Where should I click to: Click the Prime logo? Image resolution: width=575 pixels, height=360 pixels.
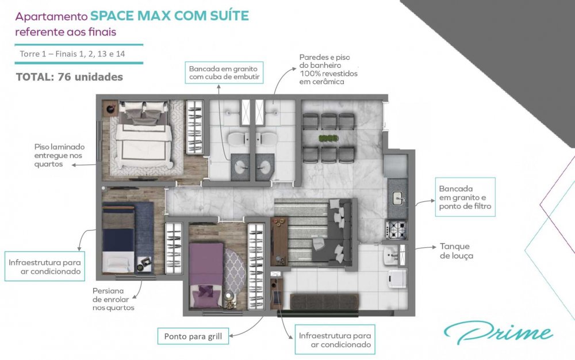coord(499,332)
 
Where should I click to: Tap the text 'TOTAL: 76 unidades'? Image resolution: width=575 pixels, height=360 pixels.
coord(70,77)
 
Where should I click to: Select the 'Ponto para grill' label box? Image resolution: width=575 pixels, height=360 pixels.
coord(193,336)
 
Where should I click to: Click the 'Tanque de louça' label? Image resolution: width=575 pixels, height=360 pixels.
coord(456,251)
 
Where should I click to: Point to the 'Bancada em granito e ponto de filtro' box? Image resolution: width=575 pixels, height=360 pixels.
coord(465,197)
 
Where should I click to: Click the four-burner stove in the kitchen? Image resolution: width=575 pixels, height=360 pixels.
coord(397,229)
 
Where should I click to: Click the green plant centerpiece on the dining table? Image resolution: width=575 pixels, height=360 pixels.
coord(328,138)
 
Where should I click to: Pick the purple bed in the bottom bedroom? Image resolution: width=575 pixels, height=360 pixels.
coord(206,275)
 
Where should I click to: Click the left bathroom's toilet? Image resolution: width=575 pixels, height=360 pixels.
coord(239,139)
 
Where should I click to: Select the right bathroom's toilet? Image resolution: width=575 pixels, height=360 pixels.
coord(267,139)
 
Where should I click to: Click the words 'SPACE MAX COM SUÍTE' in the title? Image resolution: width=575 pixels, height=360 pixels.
coord(170,16)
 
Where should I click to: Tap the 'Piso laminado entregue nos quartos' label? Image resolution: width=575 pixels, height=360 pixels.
coord(59,155)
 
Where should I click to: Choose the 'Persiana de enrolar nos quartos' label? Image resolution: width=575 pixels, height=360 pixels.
coord(113,299)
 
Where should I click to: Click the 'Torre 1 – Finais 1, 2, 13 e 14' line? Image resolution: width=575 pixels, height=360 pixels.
coord(72,54)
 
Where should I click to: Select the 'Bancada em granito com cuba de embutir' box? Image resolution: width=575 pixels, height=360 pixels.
coord(224,72)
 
